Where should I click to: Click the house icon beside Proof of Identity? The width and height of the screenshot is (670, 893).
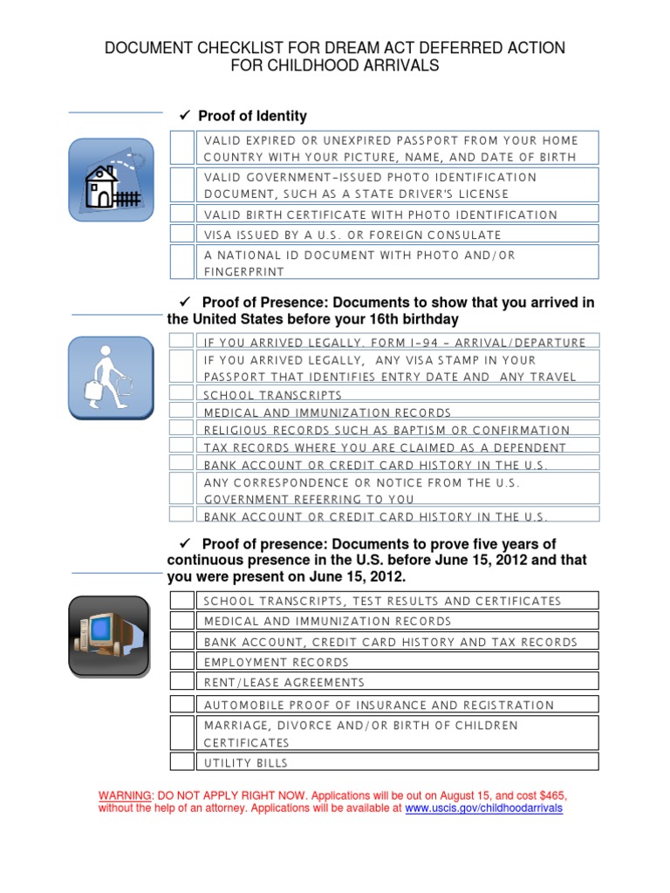pos(109,179)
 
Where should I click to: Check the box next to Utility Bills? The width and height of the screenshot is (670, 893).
pos(181,762)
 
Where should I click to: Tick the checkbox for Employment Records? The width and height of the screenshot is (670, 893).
pos(181,663)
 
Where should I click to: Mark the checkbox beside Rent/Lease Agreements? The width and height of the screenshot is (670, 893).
pos(181,682)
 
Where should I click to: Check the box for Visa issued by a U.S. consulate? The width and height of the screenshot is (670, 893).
pos(181,234)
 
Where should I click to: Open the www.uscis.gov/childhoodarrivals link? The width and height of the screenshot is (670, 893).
pos(484,808)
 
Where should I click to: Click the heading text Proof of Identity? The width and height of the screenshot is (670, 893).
pos(252,116)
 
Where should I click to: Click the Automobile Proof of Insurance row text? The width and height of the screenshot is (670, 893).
pos(379,705)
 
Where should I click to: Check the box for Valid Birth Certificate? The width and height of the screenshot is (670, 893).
pos(181,214)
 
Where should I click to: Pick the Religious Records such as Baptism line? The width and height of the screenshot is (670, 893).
pos(386,430)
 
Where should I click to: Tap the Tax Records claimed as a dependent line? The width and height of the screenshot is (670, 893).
pos(385,447)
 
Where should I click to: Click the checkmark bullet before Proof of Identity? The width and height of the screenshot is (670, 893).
pos(184,116)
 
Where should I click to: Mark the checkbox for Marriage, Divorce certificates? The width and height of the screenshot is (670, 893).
pos(181,733)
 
